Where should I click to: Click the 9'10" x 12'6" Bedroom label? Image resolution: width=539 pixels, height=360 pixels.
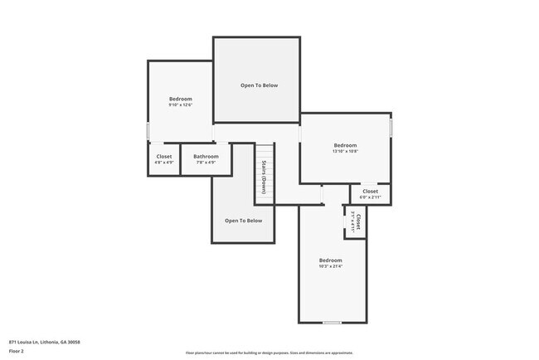pos(181,99)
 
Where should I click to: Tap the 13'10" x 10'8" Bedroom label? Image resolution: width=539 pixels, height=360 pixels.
pos(345,145)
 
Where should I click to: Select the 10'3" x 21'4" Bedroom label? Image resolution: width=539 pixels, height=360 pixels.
pos(330,260)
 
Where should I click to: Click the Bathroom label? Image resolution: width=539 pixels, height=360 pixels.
pos(206,156)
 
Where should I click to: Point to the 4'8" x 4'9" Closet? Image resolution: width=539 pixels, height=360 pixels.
pos(164,159)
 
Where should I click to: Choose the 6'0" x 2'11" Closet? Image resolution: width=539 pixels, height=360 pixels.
pos(370,194)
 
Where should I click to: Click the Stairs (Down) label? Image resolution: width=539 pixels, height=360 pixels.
pos(264,176)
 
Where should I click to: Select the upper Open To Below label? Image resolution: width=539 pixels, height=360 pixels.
pos(259,85)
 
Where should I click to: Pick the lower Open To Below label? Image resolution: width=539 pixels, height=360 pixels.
pos(243,221)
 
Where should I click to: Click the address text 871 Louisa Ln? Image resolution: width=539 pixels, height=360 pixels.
pos(45,342)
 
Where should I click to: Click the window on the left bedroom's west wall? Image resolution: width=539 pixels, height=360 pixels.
pos(148,132)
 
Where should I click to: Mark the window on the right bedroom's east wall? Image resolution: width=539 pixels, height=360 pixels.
pos(391,126)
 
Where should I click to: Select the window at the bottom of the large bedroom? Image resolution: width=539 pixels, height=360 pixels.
pos(332,322)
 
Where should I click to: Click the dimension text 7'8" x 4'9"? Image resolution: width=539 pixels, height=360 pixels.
pos(206,163)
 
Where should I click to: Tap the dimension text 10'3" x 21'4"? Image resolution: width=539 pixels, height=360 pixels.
pos(330,266)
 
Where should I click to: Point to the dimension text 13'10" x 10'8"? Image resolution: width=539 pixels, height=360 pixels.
pos(345,151)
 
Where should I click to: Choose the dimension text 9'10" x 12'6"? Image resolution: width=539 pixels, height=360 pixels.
pos(181,105)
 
